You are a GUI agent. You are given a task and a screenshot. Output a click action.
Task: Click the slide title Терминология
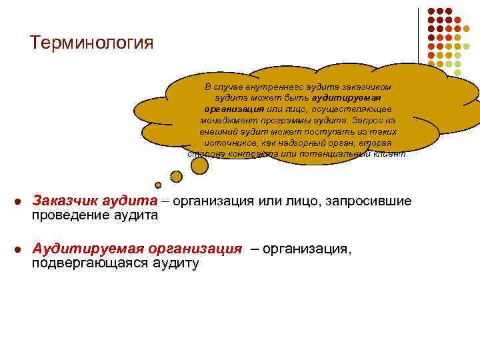tap(92, 43)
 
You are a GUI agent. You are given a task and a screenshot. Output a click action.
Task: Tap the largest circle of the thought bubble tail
tap(199, 165)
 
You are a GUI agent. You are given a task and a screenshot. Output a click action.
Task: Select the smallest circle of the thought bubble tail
tap(158, 185)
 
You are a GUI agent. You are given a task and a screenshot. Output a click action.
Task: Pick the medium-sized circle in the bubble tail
tap(176, 177)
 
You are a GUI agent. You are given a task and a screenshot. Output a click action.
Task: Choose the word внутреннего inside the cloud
tap(260, 87)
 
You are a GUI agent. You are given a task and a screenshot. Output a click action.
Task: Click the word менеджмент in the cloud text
tap(227, 120)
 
